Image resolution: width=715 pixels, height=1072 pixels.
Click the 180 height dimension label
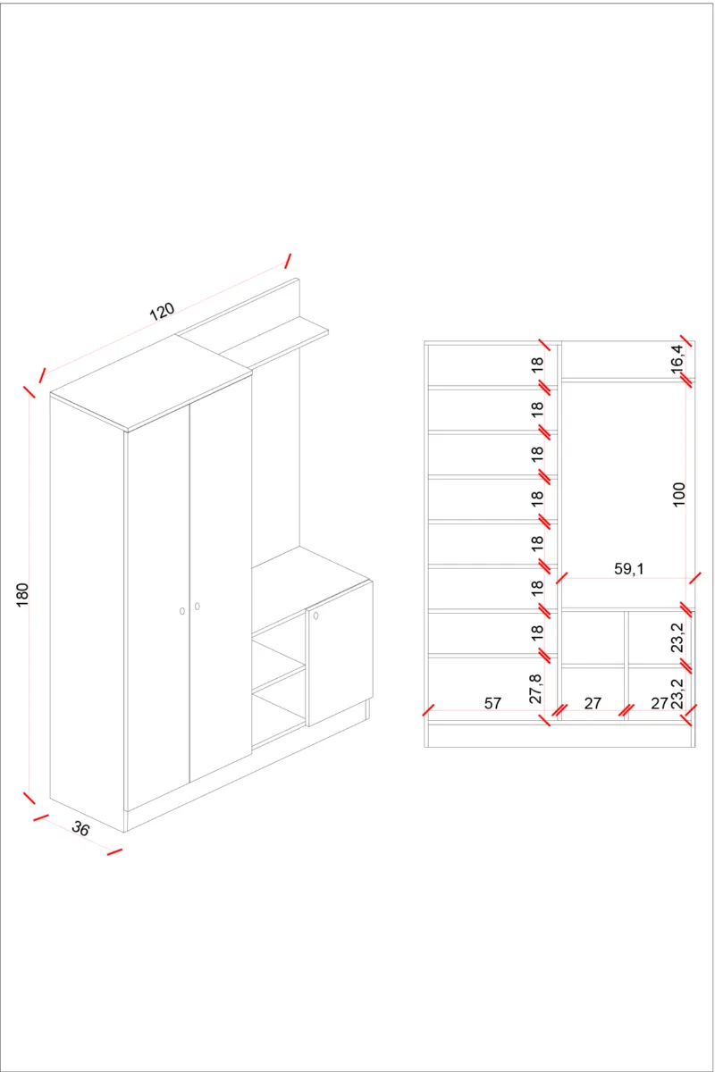coord(22,595)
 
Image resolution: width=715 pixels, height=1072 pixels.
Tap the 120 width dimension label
coord(162,312)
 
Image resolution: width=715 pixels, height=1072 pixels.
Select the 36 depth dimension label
coord(80,827)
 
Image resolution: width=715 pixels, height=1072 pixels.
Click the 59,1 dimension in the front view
coord(629,568)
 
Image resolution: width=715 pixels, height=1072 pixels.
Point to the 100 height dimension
coord(678,494)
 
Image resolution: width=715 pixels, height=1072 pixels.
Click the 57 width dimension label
coord(492,703)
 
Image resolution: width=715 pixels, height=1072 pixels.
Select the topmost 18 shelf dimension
coord(537,364)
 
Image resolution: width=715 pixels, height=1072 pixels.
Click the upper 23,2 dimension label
coord(677,638)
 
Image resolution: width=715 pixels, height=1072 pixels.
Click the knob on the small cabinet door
coord(315,616)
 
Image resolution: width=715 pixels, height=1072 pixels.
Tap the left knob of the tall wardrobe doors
coord(182,611)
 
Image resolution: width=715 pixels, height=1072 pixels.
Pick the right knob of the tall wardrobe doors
coord(198,607)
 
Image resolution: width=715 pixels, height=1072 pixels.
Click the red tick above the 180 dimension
coord(29,391)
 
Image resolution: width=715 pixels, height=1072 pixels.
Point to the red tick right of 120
coord(288,261)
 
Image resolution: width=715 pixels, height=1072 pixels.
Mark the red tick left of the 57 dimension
coord(429,710)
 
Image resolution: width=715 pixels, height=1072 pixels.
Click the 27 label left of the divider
coord(593,703)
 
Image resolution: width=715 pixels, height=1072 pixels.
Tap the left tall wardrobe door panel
coord(157,607)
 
